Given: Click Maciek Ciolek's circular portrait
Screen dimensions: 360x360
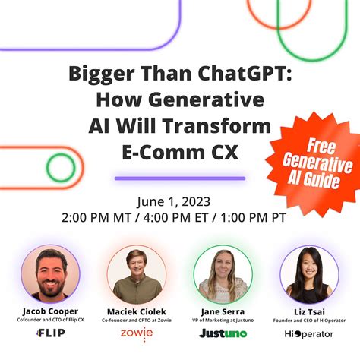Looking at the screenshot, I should (x=137, y=275).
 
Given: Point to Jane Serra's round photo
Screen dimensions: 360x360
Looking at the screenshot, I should (x=223, y=275).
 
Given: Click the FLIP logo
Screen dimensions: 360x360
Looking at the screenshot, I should (x=50, y=333).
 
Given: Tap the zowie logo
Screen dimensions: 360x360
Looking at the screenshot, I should (x=137, y=333).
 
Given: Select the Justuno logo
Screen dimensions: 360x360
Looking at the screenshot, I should (x=223, y=333).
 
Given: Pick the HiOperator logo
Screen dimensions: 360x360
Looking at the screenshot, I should (x=309, y=333).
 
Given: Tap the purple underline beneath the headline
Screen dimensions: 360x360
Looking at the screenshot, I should (x=179, y=178).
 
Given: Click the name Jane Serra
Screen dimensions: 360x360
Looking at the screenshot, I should (x=223, y=311).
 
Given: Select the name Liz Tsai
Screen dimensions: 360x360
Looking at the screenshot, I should (x=309, y=311).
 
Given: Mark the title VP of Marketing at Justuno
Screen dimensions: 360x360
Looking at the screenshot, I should (x=223, y=321).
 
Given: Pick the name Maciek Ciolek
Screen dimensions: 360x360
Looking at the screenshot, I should (x=137, y=311).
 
